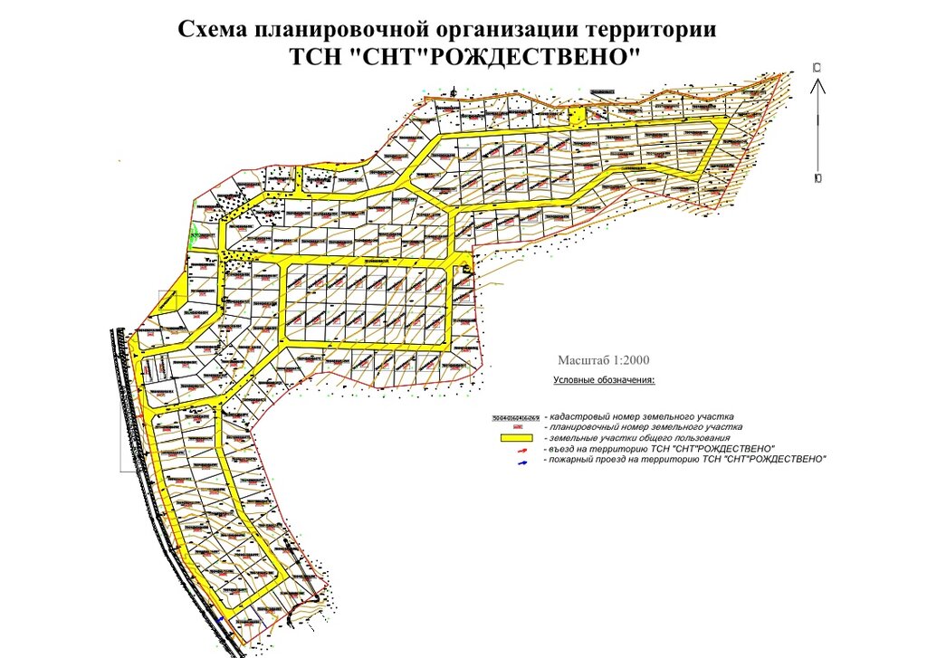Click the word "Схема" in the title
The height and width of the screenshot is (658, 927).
tap(215, 30)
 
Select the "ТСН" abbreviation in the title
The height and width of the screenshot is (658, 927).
tap(313, 56)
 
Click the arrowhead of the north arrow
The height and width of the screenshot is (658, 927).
tap(817, 86)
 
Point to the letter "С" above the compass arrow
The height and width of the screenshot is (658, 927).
tap(817, 68)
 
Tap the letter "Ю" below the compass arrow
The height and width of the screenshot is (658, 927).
tap(817, 178)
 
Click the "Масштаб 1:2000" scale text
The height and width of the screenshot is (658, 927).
tap(604, 359)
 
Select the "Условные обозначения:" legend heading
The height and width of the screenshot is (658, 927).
tap(604, 380)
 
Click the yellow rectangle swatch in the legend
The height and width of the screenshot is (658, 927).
tap(515, 438)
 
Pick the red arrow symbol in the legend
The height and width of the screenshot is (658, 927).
tap(521, 450)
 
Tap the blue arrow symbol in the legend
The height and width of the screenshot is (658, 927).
tap(521, 461)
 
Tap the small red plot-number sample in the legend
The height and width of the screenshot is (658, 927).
tap(517, 427)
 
